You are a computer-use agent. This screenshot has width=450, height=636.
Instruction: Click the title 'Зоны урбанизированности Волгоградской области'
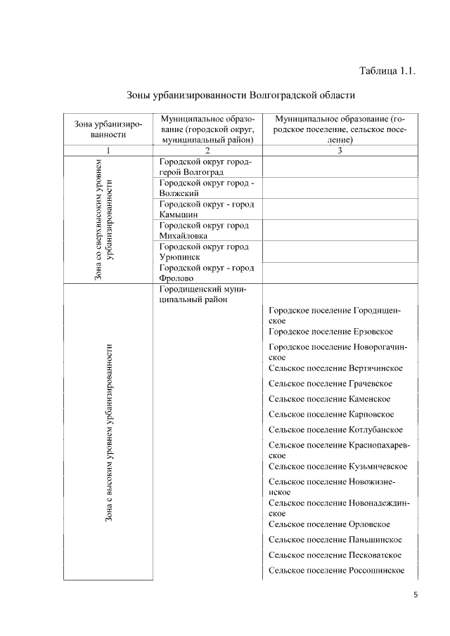tap(240, 94)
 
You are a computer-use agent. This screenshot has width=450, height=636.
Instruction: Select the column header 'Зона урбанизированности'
tap(108, 129)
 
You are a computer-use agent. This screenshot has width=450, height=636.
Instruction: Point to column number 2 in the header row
tap(207, 150)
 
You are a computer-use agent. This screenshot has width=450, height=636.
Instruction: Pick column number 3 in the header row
tap(340, 150)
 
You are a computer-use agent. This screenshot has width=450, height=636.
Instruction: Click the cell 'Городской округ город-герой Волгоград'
tap(206, 167)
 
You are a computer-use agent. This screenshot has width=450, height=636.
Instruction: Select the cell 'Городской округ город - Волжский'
tap(206, 188)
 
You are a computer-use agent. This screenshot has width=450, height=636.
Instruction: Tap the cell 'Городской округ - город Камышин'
tap(206, 209)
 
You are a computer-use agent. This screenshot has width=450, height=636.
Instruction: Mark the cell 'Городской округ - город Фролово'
tap(206, 273)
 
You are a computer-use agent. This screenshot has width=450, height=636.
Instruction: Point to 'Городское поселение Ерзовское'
tap(330, 332)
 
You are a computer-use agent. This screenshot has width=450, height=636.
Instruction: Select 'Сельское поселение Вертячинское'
tap(335, 368)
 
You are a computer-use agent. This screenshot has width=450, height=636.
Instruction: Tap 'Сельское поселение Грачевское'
tap(330, 384)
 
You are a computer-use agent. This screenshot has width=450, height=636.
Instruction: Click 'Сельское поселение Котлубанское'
tap(335, 430)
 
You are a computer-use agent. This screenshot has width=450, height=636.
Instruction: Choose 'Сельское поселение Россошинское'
tap(336, 570)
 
